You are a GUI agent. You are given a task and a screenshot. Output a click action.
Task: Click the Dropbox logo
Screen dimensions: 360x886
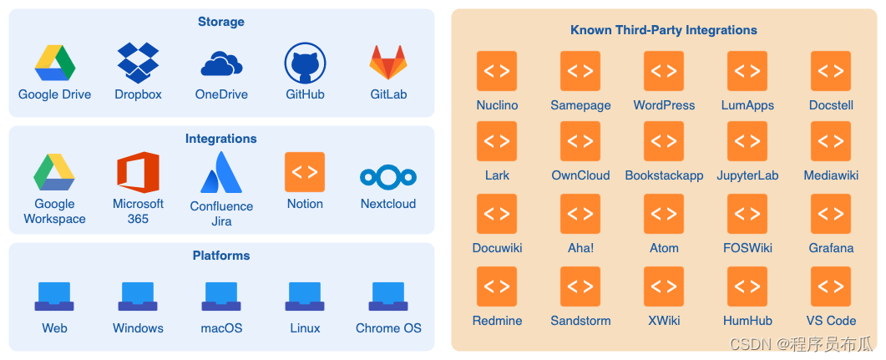click(138, 61)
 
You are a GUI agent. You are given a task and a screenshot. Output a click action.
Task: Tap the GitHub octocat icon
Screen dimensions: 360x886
click(305, 63)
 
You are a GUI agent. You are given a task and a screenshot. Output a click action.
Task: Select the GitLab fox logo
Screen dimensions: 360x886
click(388, 63)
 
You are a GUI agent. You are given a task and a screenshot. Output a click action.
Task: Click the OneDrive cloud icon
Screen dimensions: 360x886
click(221, 63)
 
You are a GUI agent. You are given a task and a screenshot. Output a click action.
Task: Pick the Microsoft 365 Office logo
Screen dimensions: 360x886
click(138, 173)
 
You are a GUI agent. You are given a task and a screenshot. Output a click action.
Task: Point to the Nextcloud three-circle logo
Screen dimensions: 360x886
click(388, 176)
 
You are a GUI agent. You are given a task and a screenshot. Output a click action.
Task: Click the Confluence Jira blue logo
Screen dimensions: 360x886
click(221, 173)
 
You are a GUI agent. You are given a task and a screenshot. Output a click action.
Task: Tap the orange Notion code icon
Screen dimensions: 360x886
click(305, 172)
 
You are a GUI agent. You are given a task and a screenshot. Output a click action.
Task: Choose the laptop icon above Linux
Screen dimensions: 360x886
click(305, 296)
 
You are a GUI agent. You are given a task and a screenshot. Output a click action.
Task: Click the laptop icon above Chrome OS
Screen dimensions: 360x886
click(388, 296)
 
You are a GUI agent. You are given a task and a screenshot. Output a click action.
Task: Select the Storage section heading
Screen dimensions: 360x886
click(221, 22)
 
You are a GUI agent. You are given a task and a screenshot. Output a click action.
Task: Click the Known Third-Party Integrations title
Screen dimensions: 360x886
click(664, 30)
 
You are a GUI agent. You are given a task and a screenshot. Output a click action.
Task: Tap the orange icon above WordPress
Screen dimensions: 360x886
click(664, 71)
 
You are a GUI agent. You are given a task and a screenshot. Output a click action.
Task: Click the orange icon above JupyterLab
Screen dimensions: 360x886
click(747, 141)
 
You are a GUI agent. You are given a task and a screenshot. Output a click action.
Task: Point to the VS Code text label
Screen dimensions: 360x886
click(831, 321)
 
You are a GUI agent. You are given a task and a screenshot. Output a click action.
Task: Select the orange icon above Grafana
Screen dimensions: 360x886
click(831, 214)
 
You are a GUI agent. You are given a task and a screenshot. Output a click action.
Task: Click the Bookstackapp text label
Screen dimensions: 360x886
click(664, 175)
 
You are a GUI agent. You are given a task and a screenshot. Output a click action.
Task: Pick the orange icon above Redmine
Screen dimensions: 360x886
click(497, 286)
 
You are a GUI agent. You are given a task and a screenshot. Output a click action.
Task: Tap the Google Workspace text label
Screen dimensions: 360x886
click(54, 211)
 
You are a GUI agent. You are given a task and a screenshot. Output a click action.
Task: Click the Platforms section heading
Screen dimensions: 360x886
click(221, 256)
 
